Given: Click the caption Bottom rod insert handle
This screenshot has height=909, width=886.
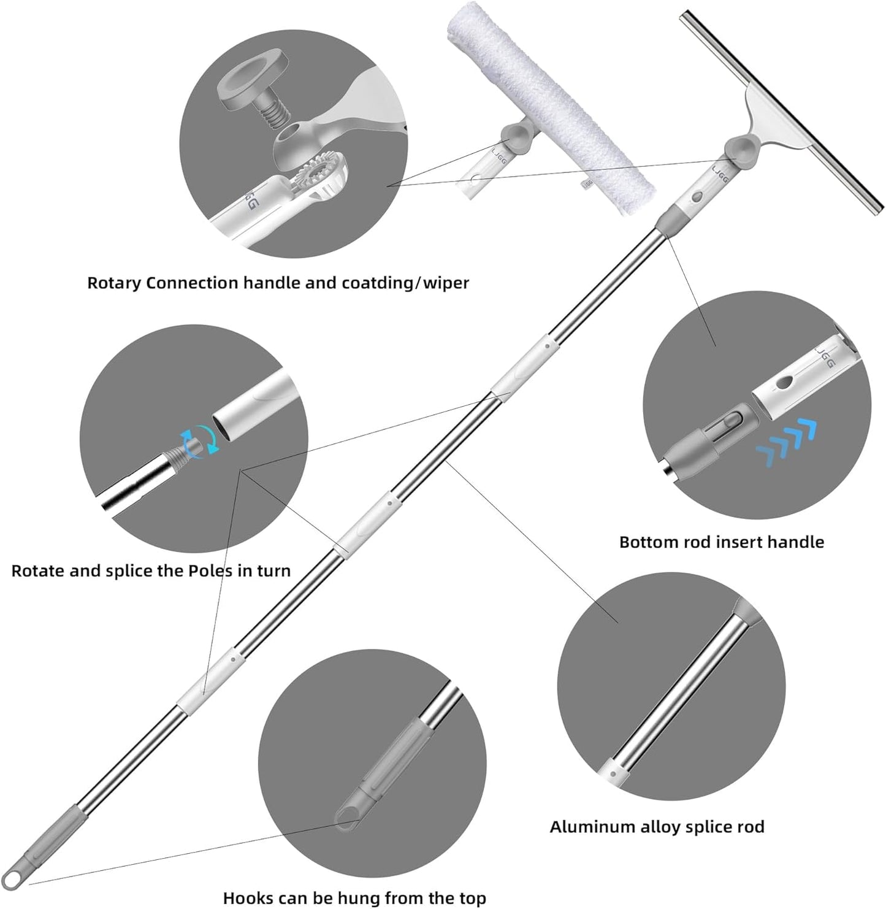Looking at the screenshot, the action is click(x=721, y=542).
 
